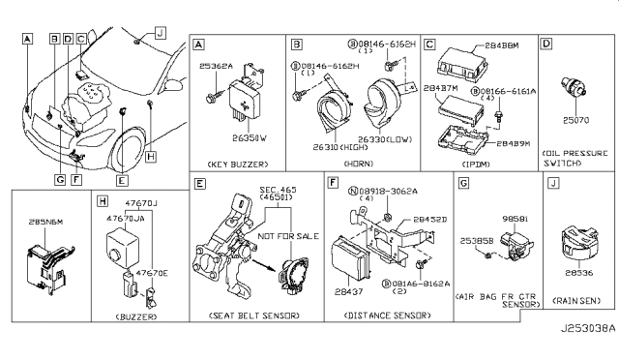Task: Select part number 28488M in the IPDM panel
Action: [x=499, y=45]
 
